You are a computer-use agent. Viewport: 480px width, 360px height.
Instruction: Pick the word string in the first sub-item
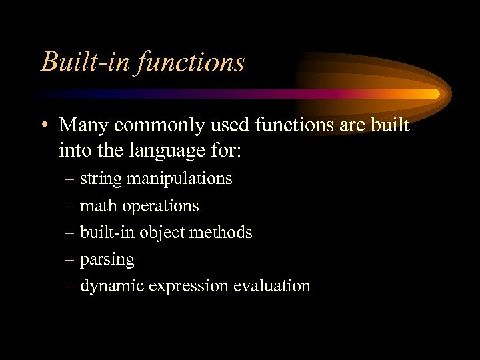[101, 179]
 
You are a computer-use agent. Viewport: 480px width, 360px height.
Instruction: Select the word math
[97, 206]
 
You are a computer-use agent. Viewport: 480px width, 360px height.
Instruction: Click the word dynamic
[111, 287]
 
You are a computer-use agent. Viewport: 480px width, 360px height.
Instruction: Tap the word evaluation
[272, 286]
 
